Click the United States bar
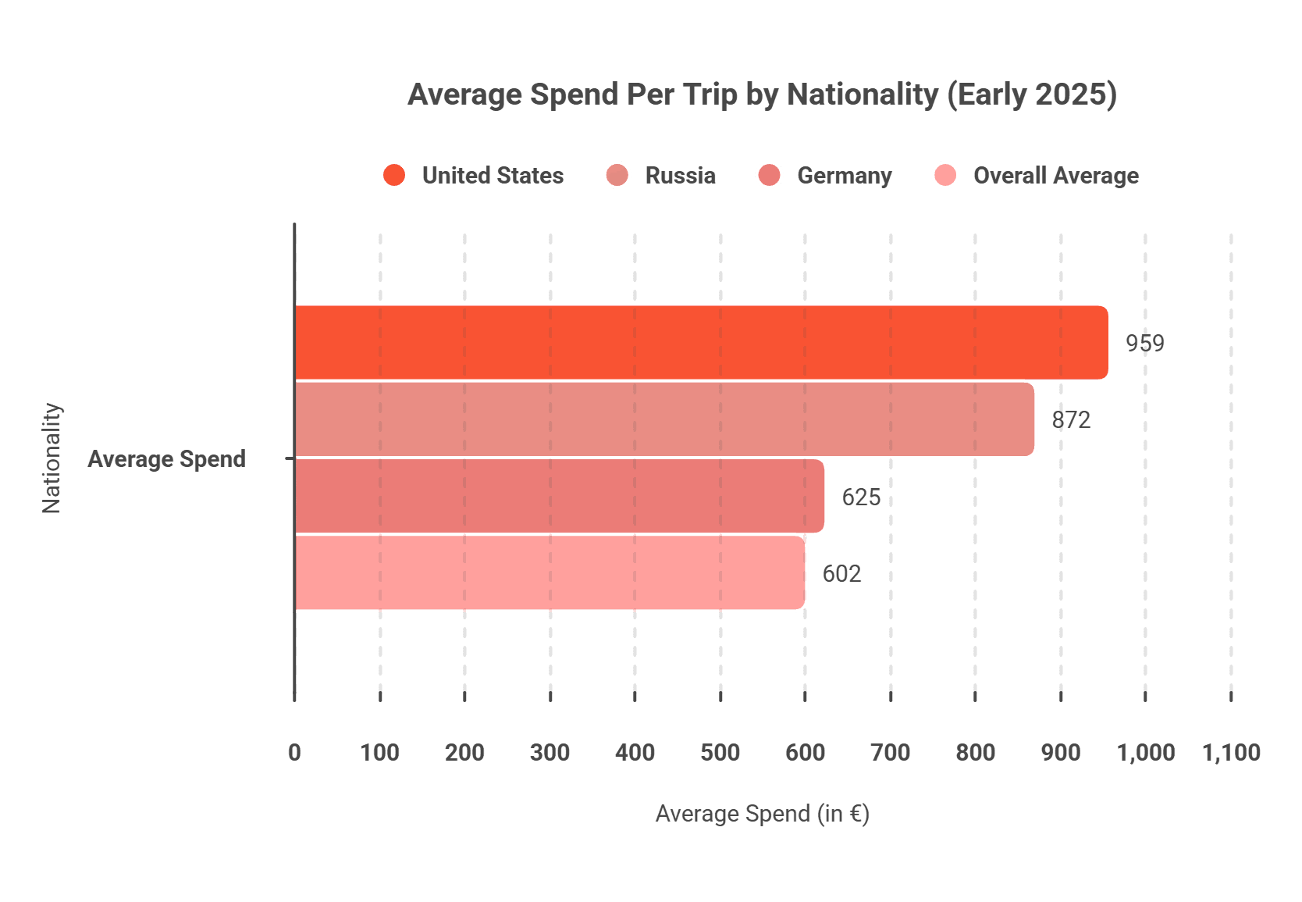pos(701,342)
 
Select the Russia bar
pos(664,419)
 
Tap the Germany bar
pos(560,497)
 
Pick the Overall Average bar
pos(550,573)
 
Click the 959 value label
pos(1144,343)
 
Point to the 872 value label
pos(1071,420)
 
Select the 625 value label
pos(861,497)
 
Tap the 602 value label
pos(841,574)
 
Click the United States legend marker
pos(394,175)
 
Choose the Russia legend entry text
pos(680,176)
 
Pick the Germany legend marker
pos(769,175)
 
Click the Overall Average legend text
pos(1055,176)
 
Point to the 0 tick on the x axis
pos(294,752)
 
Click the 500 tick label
pos(720,752)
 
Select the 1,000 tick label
pos(1145,752)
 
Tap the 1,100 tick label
pos(1231,752)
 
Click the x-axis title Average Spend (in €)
pos(762,814)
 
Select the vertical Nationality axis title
pos(52,458)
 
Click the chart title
pos(762,94)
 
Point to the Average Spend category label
pos(166,458)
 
